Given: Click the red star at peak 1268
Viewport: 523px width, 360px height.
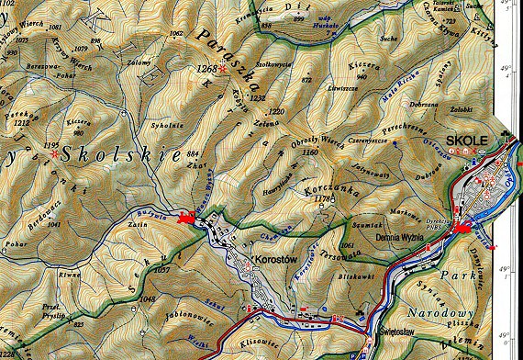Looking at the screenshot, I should click(221, 68).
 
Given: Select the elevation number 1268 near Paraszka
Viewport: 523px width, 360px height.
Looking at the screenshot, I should click(206, 69).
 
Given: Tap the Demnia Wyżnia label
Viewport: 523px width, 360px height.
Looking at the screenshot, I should click(396, 237).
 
